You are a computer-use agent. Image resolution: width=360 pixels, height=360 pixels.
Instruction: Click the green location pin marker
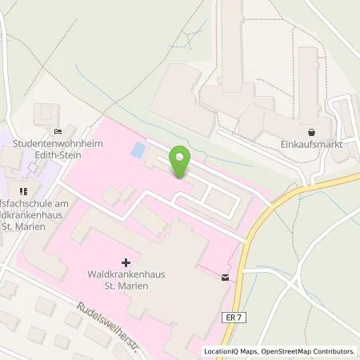181,163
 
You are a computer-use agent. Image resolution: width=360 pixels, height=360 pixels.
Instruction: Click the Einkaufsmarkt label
311,146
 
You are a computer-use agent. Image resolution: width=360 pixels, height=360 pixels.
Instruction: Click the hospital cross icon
126,261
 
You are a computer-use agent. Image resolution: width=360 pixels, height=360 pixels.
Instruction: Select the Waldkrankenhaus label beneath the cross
127,276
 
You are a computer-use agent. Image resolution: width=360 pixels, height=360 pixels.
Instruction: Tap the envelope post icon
226,277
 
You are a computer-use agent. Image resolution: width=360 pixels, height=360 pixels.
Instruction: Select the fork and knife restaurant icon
22,191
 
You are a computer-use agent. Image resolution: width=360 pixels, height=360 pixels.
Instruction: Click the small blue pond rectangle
138,150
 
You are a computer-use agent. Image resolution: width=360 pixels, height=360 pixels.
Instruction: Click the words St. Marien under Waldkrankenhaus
127,288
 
